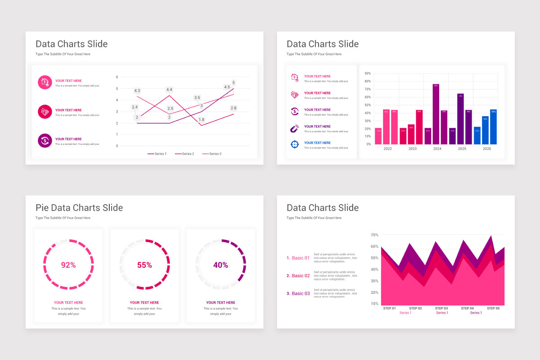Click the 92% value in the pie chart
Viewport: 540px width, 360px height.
(68, 265)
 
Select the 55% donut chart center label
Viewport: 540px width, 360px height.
(144, 265)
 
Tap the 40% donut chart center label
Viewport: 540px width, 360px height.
(220, 265)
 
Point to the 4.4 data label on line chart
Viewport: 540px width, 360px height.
(169, 90)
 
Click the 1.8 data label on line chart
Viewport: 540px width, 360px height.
(202, 120)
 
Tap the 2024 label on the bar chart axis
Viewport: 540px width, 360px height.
(437, 148)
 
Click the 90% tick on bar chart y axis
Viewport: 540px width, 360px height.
(368, 73)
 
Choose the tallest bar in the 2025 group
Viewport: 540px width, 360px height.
(460, 119)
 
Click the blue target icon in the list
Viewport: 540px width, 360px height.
(294, 144)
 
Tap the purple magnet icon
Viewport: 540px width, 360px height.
(294, 128)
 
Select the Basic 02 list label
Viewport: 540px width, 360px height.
(301, 275)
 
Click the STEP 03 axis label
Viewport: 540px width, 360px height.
(441, 308)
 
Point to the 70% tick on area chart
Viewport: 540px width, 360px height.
(374, 235)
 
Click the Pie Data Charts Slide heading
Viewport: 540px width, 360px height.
(79, 207)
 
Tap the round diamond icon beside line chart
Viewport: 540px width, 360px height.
(45, 112)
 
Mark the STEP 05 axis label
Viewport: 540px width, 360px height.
(493, 308)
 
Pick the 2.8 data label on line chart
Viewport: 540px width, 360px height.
(234, 108)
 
